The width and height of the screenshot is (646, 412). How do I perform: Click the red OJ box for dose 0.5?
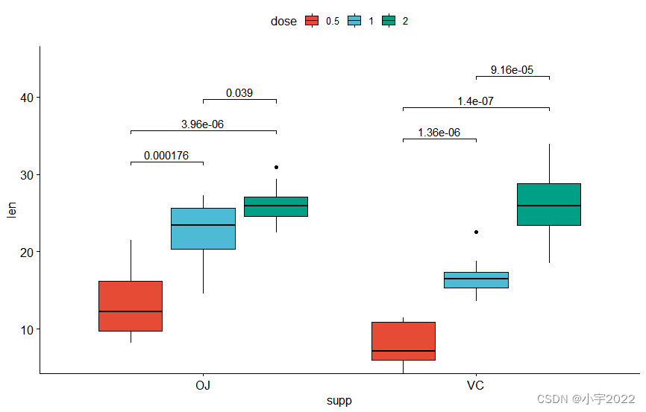(131, 305)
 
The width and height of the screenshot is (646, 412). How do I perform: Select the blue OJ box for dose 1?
(203, 228)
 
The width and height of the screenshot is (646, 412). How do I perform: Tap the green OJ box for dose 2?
(276, 206)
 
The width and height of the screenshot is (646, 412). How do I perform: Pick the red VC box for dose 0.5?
(404, 340)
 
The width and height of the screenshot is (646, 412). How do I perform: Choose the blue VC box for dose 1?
(476, 279)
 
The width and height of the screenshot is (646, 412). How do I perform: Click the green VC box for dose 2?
(549, 204)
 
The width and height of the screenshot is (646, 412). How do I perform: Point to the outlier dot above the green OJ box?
(276, 167)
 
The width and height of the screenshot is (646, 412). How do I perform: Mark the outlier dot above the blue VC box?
(476, 232)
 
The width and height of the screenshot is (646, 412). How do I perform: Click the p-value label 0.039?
(239, 93)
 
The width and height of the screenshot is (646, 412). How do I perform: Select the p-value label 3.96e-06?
(203, 124)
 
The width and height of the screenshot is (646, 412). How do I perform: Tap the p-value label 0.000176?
(166, 156)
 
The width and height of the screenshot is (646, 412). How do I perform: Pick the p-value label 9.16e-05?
(512, 70)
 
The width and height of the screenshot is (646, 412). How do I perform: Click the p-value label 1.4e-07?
(476, 101)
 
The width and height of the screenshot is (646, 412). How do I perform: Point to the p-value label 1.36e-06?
(439, 133)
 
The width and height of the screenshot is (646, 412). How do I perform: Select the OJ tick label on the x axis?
(203, 385)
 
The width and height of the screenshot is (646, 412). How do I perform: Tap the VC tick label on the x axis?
(476, 385)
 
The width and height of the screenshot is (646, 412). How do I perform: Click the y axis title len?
(10, 210)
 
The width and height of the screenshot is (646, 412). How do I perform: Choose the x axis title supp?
(339, 401)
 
